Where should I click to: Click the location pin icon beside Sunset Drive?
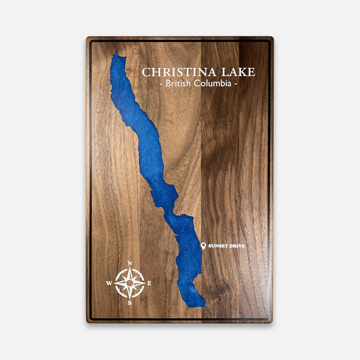[x=203, y=246]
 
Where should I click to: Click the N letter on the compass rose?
[x=130, y=264]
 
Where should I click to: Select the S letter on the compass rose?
[x=130, y=303]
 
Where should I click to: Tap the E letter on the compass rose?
[x=149, y=283]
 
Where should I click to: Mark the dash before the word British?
[x=161, y=84]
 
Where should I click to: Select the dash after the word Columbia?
[x=236, y=84]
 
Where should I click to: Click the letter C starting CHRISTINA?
[x=146, y=72]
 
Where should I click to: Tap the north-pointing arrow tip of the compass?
[x=130, y=268]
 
